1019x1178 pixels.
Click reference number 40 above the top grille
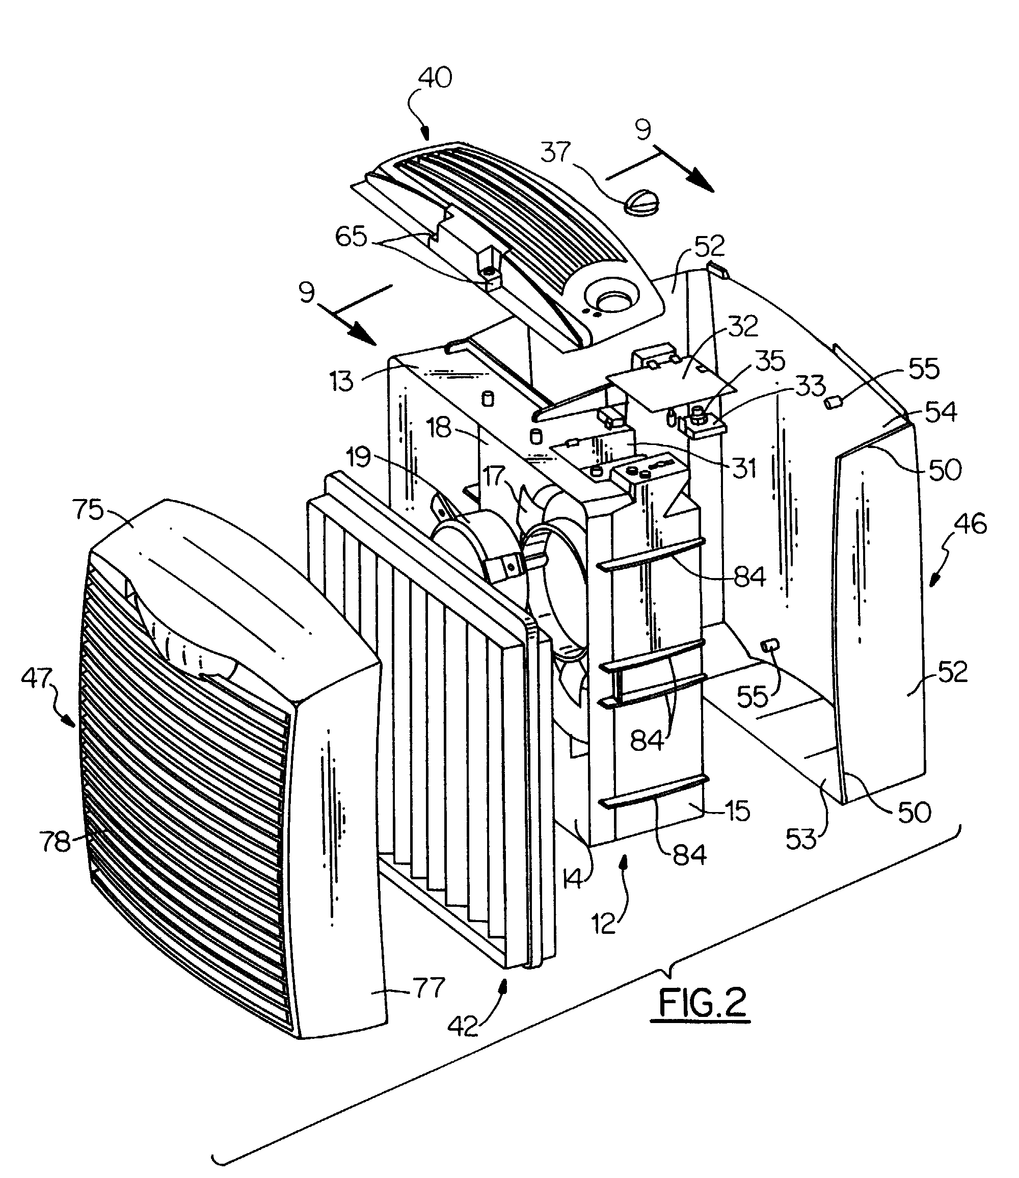[435, 78]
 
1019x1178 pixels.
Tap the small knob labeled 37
[642, 202]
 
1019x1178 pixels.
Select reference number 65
[352, 236]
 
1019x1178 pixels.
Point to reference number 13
[341, 382]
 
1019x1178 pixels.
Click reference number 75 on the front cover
[89, 510]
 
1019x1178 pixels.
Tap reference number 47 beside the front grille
[37, 679]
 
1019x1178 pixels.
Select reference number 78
[55, 842]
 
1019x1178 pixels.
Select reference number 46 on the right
[971, 524]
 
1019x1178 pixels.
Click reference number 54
[941, 412]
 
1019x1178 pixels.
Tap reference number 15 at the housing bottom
[738, 810]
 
